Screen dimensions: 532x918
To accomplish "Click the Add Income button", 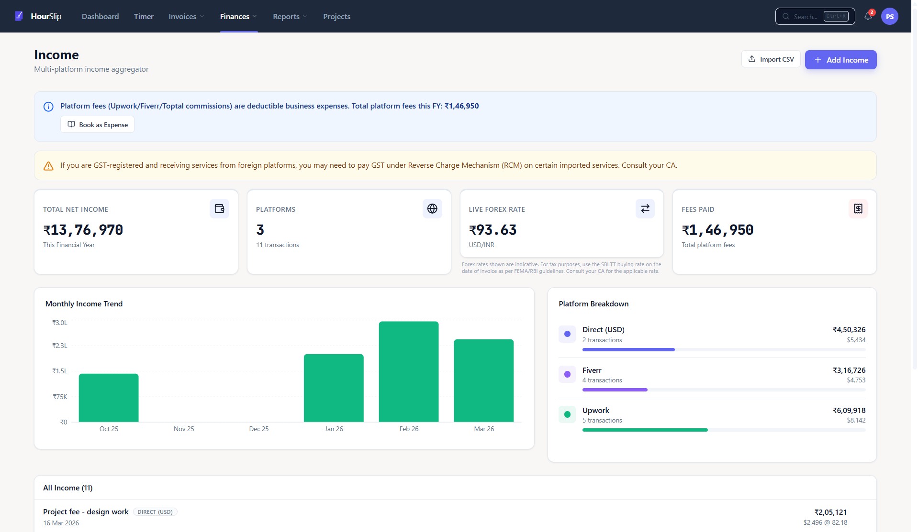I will click(x=840, y=60).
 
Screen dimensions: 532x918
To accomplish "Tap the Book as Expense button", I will click(x=97, y=125).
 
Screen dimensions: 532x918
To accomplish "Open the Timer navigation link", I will click(x=144, y=16).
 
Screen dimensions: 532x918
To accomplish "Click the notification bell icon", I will click(x=868, y=16).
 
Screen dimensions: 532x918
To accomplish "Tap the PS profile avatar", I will click(x=889, y=16).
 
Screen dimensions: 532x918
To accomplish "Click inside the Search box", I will click(x=809, y=16).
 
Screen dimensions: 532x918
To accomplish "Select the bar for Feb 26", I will click(x=408, y=371).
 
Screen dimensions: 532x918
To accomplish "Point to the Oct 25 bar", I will click(x=109, y=398).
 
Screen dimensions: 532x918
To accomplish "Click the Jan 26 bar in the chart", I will click(x=334, y=388).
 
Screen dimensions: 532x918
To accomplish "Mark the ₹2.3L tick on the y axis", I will click(x=60, y=346).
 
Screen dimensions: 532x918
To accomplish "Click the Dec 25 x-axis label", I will click(x=258, y=429).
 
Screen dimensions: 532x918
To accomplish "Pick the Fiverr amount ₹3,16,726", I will click(x=849, y=370).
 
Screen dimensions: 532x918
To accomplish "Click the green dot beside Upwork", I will click(x=567, y=414).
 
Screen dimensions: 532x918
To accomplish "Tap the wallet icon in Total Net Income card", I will click(x=219, y=208).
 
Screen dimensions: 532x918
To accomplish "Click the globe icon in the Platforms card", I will click(x=432, y=208).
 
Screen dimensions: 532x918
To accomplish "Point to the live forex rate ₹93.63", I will click(x=493, y=230).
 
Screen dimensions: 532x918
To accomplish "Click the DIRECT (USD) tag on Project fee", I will click(x=155, y=512).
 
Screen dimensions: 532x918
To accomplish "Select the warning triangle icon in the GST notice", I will click(x=48, y=166).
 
